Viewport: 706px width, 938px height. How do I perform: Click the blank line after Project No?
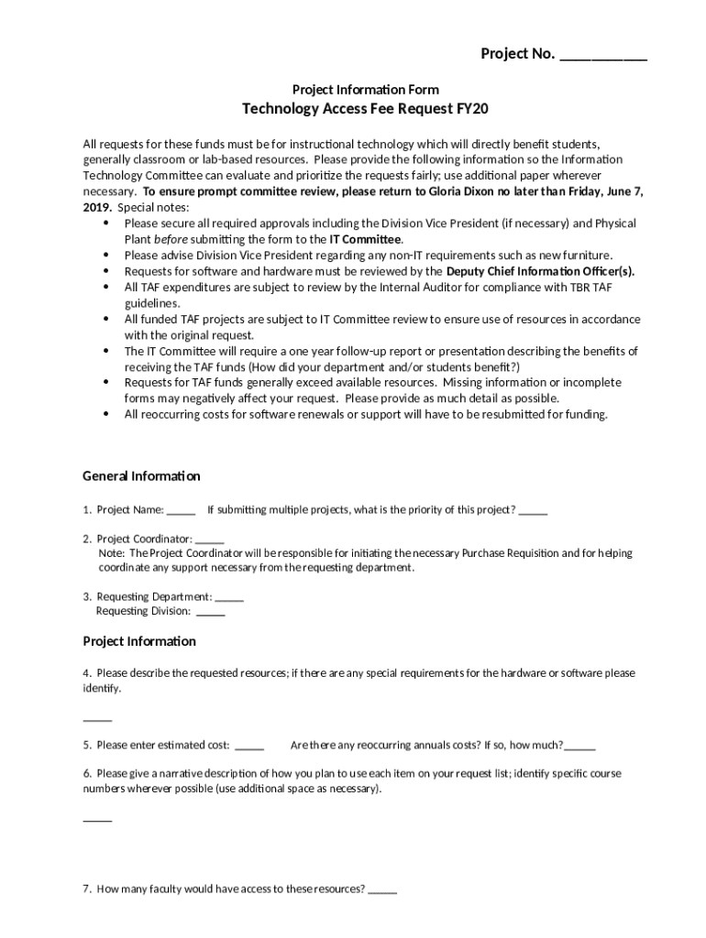(x=602, y=56)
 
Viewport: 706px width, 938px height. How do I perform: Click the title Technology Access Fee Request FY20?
(x=365, y=109)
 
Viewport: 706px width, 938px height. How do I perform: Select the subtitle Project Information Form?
(x=365, y=89)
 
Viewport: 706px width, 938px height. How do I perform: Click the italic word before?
(x=170, y=239)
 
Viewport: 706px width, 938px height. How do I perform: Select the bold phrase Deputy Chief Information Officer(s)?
(x=540, y=271)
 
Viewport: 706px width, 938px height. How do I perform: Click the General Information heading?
(x=141, y=476)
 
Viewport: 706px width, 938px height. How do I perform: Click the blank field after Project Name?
(x=181, y=510)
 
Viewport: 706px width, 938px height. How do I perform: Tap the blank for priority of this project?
(x=533, y=510)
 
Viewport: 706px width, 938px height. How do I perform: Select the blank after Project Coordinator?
(x=209, y=540)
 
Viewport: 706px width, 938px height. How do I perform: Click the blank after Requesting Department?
(x=229, y=597)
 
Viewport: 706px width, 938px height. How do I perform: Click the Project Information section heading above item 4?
(x=139, y=641)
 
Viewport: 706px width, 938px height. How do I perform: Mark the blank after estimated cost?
(x=249, y=746)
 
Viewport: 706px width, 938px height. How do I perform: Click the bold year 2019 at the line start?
(x=97, y=207)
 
